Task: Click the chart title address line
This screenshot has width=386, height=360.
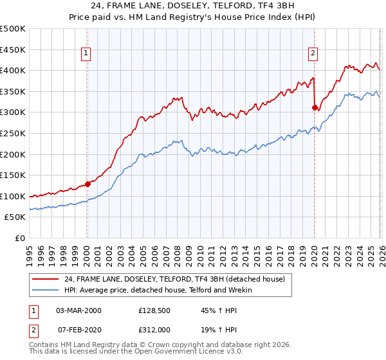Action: (193, 7)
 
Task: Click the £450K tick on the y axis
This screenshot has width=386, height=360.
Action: (14, 50)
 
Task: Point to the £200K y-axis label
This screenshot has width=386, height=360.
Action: (14, 154)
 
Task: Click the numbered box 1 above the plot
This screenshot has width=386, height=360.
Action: (87, 54)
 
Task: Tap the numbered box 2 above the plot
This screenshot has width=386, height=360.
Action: (313, 54)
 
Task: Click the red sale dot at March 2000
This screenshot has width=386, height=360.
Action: (87, 184)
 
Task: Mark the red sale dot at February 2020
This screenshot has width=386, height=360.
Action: (315, 107)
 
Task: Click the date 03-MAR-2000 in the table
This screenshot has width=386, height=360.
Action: (78, 310)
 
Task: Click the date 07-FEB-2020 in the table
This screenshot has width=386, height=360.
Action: (78, 329)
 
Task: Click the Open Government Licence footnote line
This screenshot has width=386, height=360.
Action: (122, 354)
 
